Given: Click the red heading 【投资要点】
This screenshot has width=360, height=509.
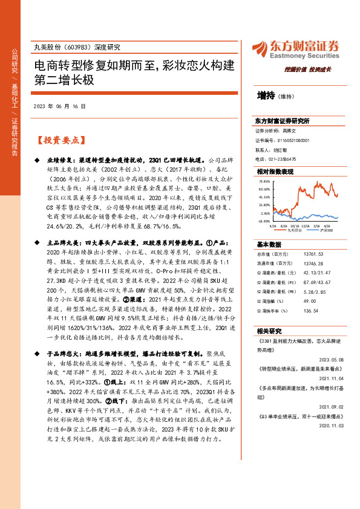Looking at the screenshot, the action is click(x=59, y=140).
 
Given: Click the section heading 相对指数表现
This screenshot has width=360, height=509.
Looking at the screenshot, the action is click(x=275, y=172).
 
